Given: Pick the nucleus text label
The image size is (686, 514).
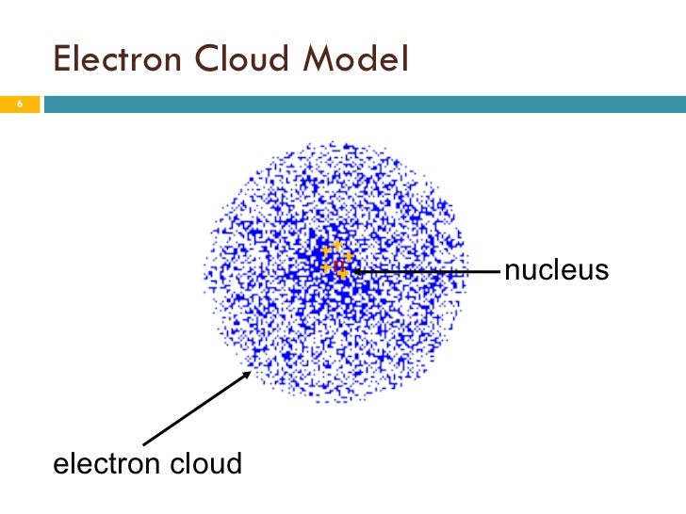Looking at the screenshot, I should point(556,271).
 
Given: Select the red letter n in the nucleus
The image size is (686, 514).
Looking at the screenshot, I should point(337,265).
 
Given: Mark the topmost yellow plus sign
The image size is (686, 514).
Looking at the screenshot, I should point(336,246).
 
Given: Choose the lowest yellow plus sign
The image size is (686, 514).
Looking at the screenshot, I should point(342,275).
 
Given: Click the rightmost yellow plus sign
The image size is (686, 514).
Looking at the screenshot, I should point(348,256).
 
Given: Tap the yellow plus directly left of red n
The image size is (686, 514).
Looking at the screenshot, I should point(326,267).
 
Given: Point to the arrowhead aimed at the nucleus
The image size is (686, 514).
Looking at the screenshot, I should point(354,271).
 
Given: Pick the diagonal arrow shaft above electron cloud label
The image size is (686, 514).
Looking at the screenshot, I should point(193,410).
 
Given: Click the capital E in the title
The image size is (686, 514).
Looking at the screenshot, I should point(63,59).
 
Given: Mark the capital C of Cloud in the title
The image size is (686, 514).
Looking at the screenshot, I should point(206,59).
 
